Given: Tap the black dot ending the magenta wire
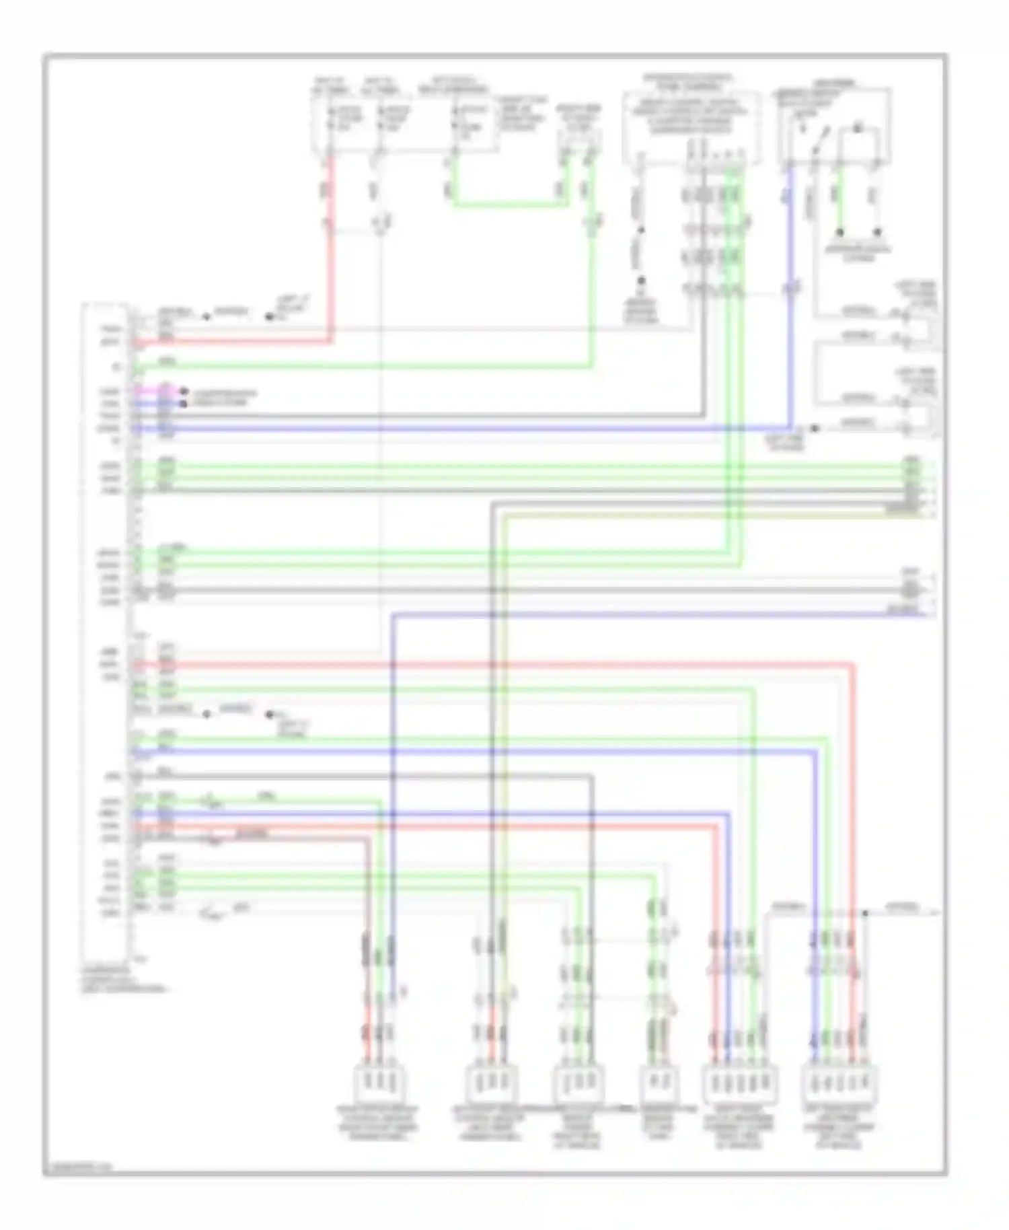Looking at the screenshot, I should point(183,392).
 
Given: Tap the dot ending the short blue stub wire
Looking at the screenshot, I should point(183,404).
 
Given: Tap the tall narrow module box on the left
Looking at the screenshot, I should point(104,632).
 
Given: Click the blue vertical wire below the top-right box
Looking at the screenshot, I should point(791,296).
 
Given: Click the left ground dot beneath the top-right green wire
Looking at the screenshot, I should point(840,233).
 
